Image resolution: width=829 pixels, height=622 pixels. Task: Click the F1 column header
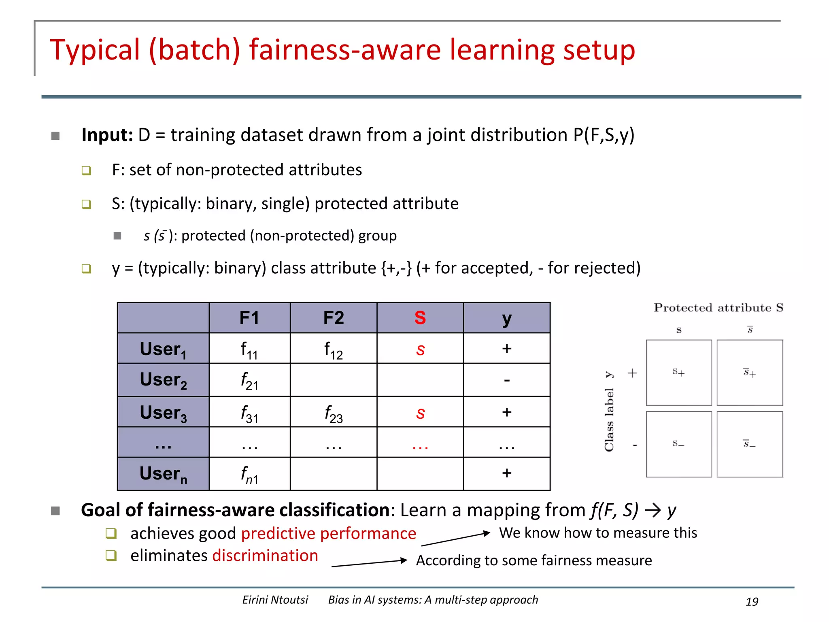(249, 318)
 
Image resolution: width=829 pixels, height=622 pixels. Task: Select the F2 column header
(334, 318)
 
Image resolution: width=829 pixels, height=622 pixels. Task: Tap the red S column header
(420, 318)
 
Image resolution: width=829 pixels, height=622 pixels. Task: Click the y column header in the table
(507, 319)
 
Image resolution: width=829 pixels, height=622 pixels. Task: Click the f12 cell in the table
(334, 349)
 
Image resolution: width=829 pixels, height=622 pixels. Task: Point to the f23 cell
(334, 413)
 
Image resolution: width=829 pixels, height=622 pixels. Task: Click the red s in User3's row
(420, 413)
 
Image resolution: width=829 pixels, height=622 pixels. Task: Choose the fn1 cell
(249, 475)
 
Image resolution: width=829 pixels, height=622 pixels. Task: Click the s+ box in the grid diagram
(679, 373)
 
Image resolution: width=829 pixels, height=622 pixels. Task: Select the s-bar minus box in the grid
(750, 444)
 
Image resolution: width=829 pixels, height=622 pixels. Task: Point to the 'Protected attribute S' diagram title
(718, 308)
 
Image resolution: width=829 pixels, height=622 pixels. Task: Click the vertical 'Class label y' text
(609, 411)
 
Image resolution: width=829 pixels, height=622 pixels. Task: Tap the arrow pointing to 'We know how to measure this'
(455, 539)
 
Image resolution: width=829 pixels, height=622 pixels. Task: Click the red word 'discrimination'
(265, 556)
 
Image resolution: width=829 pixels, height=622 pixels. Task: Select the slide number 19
(752, 602)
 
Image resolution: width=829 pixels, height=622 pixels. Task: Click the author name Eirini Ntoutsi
(275, 600)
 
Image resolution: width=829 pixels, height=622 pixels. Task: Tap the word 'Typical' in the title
(95, 50)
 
